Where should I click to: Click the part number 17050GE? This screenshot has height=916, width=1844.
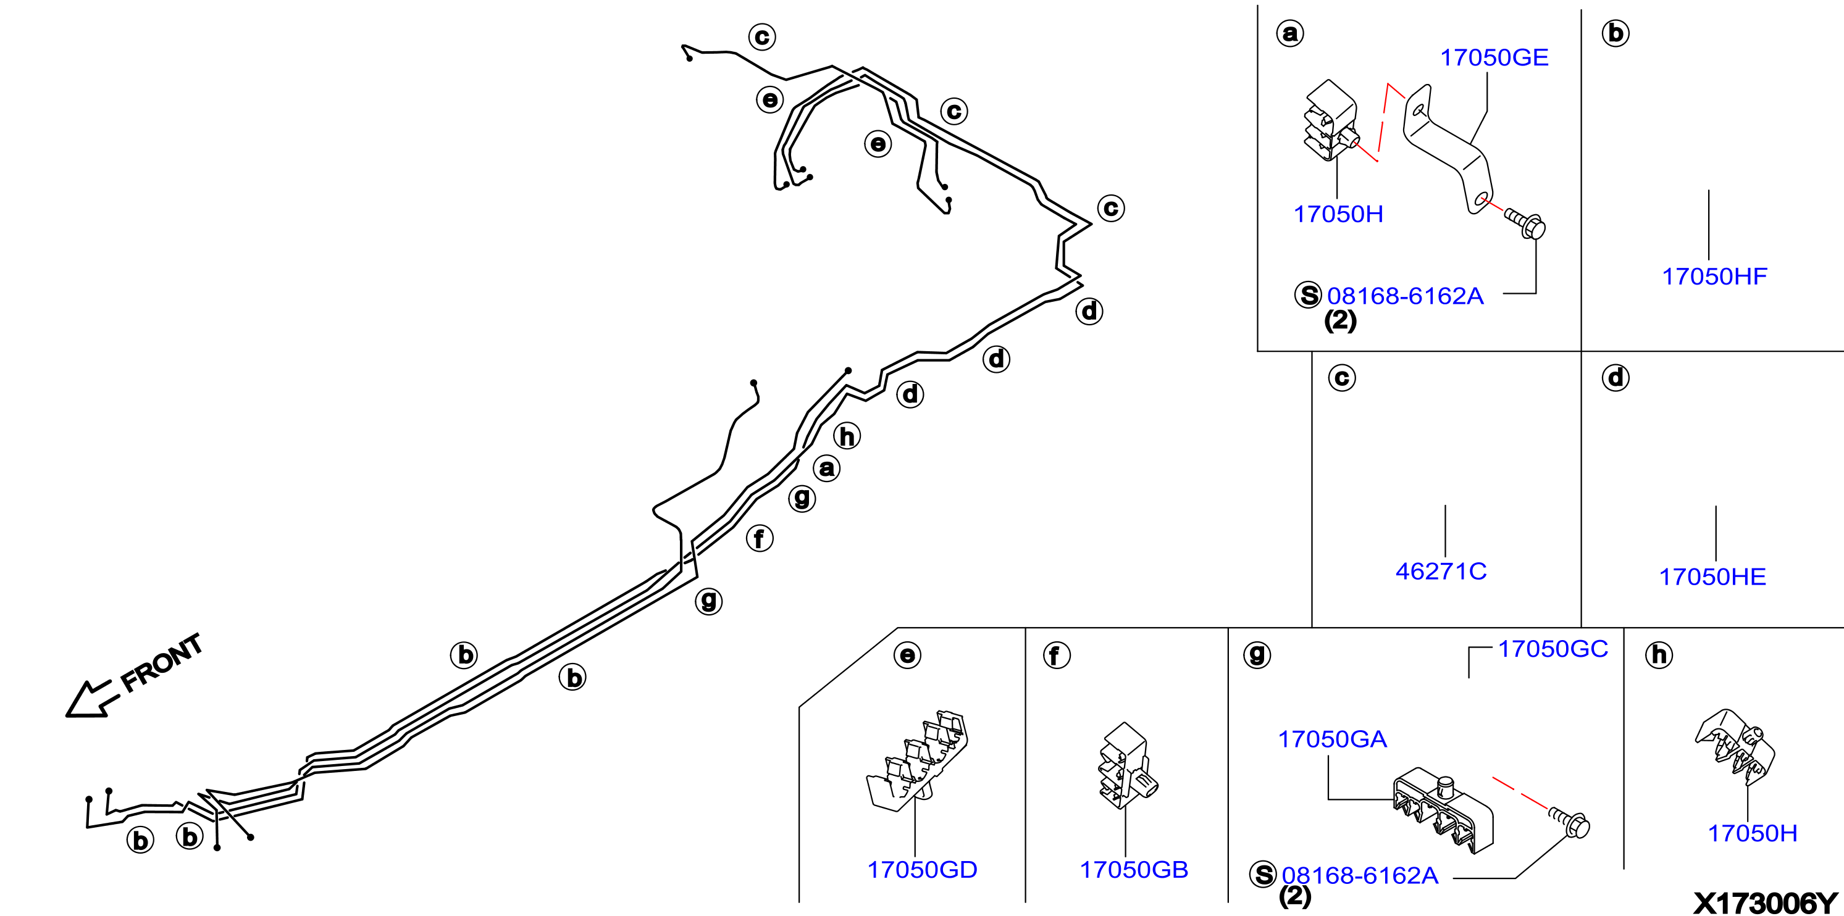(x=1494, y=58)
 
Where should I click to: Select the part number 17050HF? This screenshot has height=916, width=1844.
(x=1714, y=277)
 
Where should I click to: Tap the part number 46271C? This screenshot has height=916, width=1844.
(x=1441, y=572)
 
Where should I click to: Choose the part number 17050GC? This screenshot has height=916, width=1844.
(x=1553, y=649)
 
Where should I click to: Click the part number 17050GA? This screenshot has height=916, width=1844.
(x=1332, y=739)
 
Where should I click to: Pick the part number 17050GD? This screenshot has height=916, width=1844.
(x=922, y=870)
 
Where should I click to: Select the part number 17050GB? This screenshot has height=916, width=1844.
(x=1134, y=870)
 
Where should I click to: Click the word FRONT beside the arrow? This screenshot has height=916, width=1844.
(x=162, y=664)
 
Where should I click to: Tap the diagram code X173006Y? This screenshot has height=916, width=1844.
(x=1765, y=902)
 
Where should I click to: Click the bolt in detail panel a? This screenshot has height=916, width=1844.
(x=1525, y=223)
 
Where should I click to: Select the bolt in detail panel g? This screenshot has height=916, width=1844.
(x=1569, y=822)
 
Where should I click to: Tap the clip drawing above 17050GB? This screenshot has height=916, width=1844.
(x=1128, y=765)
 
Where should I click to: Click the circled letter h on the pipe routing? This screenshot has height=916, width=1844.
(x=847, y=436)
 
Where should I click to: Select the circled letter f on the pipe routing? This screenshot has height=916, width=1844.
(x=760, y=538)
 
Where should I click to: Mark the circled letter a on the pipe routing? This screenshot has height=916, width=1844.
(x=827, y=468)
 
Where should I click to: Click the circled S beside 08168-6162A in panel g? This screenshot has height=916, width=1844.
(x=1264, y=875)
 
